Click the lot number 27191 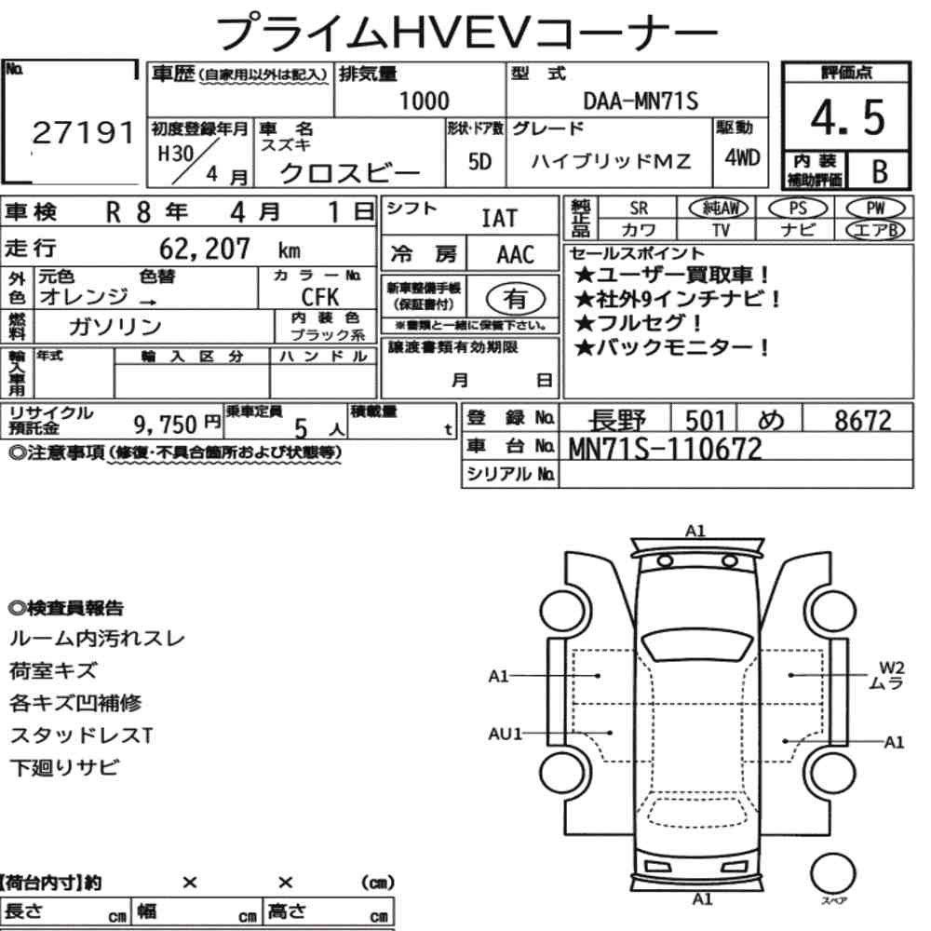point(83,132)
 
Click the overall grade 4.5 point(847,117)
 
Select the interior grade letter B point(880,171)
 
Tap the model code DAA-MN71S point(641,101)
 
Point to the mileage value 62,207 point(205,249)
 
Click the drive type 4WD point(742,157)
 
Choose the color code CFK point(320,296)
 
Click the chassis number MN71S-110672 point(665,449)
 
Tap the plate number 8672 point(863,421)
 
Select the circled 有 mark point(516,299)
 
